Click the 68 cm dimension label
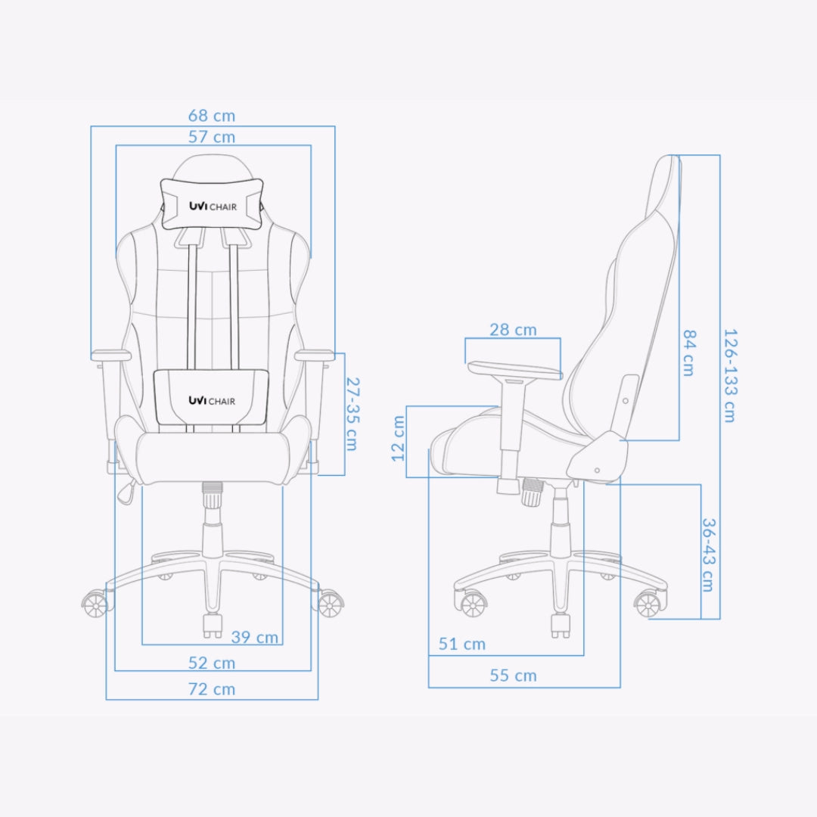[212, 116]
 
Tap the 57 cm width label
[212, 137]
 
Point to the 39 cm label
[255, 637]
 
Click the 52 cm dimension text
[212, 663]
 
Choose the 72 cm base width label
[212, 689]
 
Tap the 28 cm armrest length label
[513, 330]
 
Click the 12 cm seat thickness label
[399, 438]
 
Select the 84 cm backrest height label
[688, 352]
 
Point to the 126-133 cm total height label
[729, 374]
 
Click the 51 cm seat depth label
[462, 645]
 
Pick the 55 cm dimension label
[513, 676]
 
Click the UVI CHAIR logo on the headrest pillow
[212, 207]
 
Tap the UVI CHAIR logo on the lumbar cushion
[212, 400]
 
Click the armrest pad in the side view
[514, 371]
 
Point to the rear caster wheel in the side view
[648, 604]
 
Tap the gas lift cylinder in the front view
[213, 522]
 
